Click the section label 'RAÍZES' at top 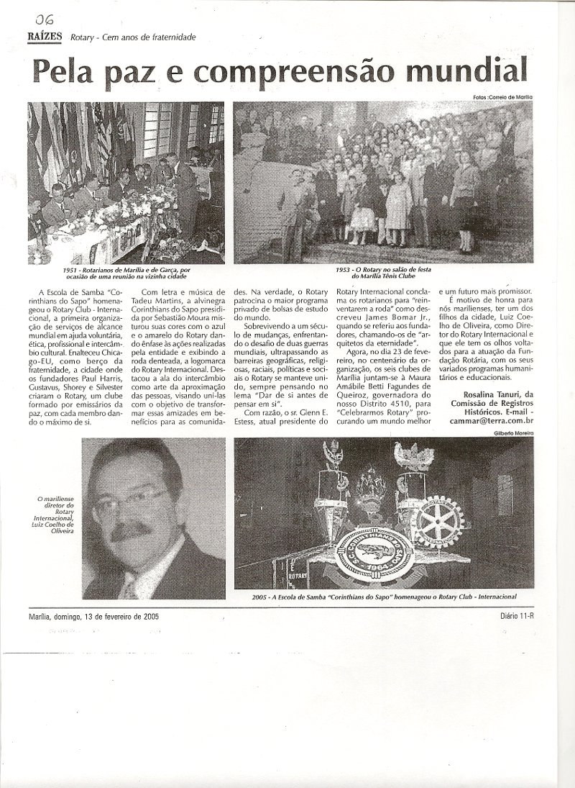click(x=45, y=37)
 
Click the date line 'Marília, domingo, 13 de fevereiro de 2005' click(x=94, y=617)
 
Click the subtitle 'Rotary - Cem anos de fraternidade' click(x=133, y=38)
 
